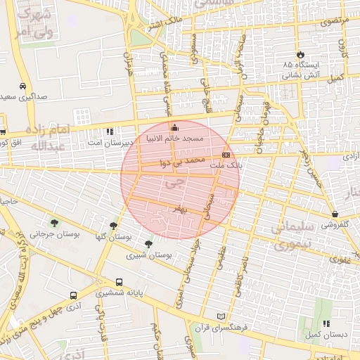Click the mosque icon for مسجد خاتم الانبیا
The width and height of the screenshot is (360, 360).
(175, 127)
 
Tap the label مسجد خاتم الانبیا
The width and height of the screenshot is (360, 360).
(174, 139)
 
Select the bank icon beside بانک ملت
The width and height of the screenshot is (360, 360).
(226, 154)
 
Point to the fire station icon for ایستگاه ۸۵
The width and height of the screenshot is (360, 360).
(301, 53)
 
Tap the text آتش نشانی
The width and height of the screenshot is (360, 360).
(302, 74)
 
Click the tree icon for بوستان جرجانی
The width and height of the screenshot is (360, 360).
(54, 224)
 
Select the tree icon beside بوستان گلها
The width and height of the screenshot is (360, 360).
(113, 225)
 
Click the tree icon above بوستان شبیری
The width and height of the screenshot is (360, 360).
(148, 244)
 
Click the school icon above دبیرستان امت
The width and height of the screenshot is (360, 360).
(110, 131)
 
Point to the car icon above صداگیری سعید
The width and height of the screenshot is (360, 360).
(23, 85)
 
